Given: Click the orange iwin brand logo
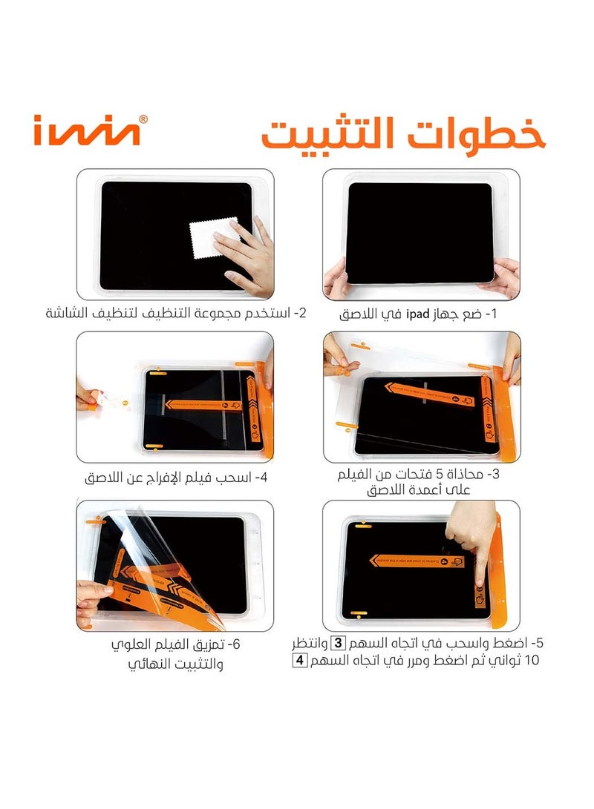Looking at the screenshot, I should pos(85,132).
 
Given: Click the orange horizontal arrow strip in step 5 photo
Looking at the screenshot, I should pos(416,561).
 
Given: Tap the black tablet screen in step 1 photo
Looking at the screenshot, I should pos(420,233).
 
